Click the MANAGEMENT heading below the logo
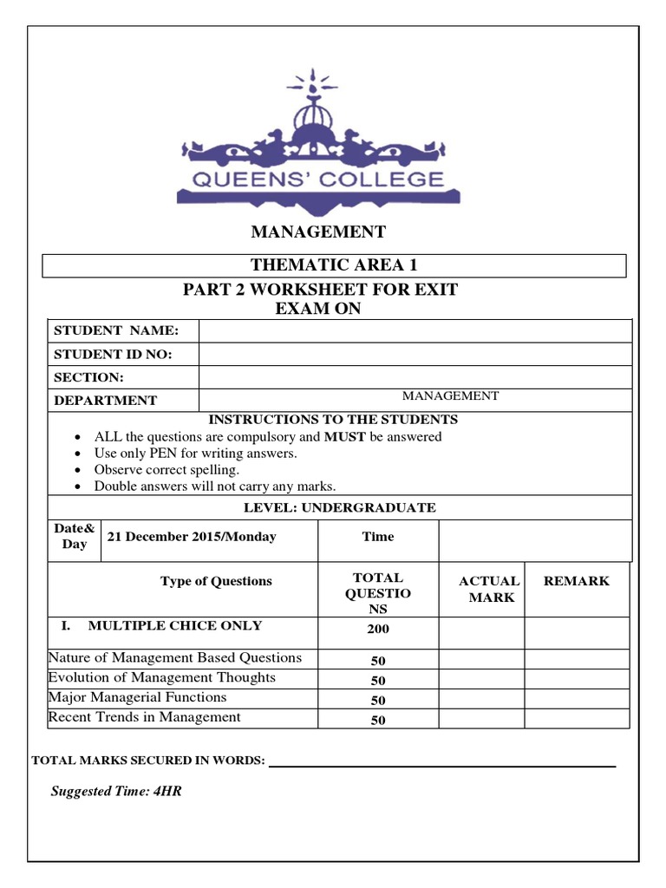coord(318,232)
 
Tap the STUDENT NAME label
coord(116,331)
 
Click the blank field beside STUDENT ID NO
coord(415,354)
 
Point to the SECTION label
coord(89,377)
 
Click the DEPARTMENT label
coord(106,401)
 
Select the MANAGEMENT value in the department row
coord(449,396)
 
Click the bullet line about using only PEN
coord(195,454)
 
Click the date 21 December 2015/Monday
coord(191,537)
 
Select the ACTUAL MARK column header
coord(489,589)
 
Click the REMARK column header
coord(576,581)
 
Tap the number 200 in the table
coord(377,630)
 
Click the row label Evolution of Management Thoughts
coord(162,677)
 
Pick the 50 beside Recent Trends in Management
coord(377,720)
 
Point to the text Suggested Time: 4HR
coord(116,791)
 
